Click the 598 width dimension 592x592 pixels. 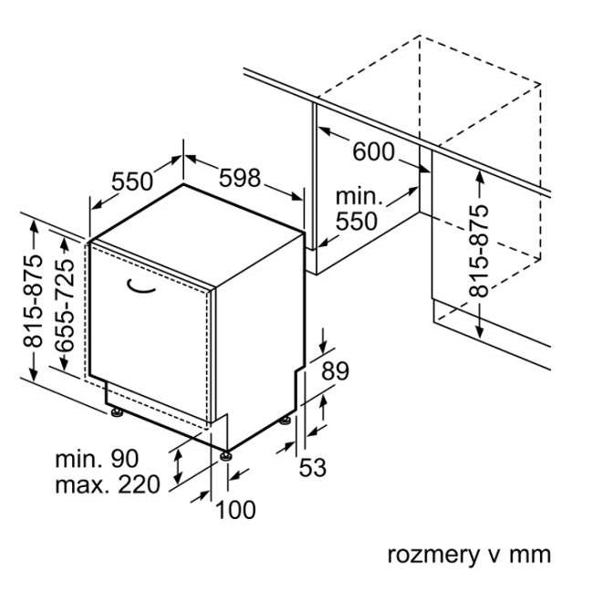pos(240,178)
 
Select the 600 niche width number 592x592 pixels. pos(373,151)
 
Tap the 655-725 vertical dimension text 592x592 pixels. pos(65,305)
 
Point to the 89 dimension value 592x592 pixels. pos(335,370)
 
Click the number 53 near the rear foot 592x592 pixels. pos(313,467)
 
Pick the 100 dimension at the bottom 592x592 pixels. pos(235,510)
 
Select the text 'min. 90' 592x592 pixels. pos(97,459)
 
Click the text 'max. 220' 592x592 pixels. pos(108,484)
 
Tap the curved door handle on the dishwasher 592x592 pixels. pos(140,287)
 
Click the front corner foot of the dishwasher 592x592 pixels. pos(226,456)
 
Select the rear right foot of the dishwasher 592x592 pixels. pos(285,420)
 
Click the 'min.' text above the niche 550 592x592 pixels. pos(359,197)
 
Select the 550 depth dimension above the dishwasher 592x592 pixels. pos(132,181)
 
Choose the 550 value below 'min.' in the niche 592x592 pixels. pos(357,221)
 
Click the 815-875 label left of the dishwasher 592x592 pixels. pos(33,301)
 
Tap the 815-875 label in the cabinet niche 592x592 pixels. pos(478,251)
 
